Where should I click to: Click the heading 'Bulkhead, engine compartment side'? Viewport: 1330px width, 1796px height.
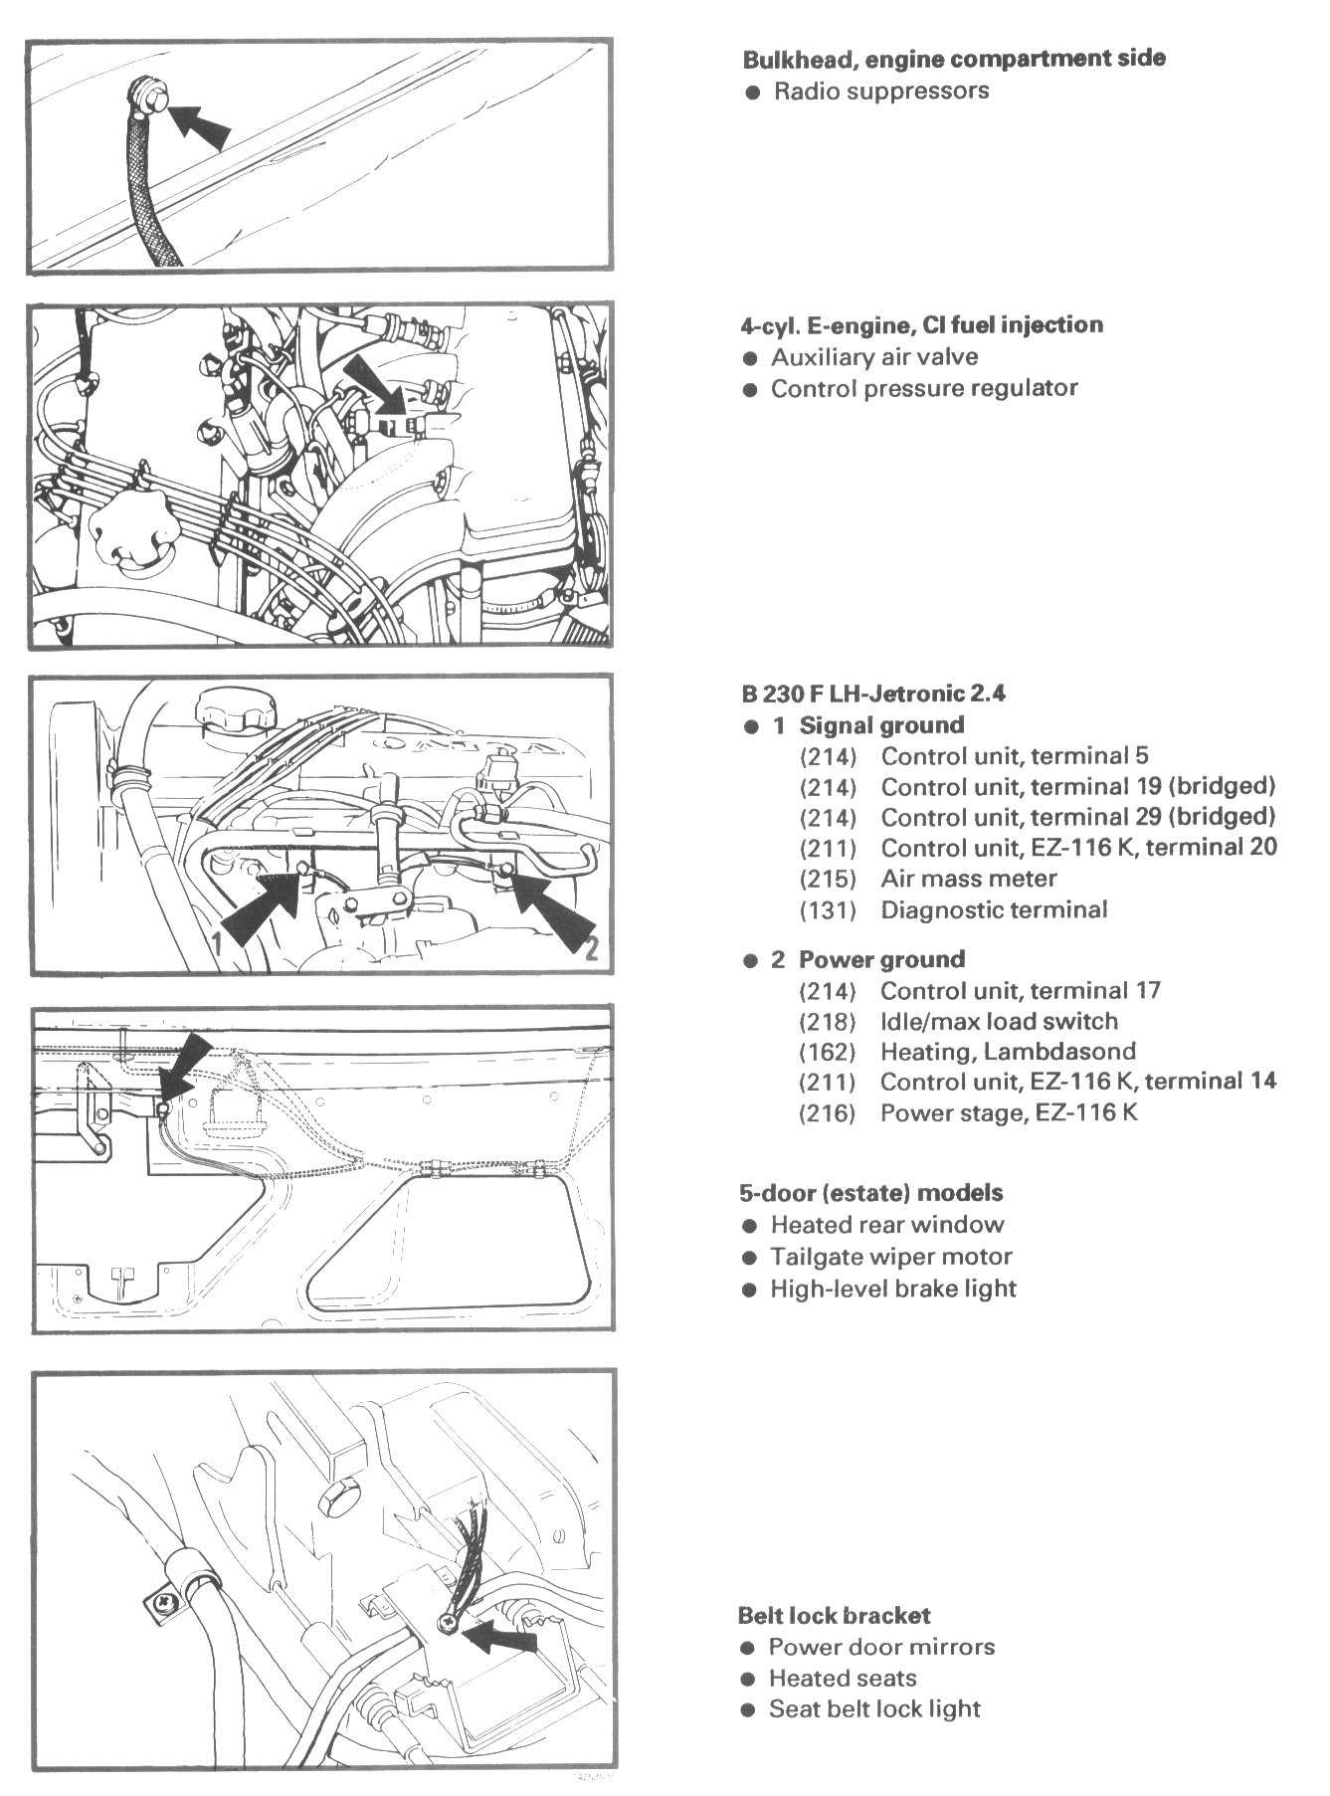953,59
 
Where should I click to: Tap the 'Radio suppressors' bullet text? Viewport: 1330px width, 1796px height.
880,92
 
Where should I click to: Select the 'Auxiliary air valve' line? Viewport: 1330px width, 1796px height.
873,357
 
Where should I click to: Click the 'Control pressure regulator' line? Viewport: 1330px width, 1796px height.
923,388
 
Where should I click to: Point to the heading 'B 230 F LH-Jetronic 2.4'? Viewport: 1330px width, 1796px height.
872,694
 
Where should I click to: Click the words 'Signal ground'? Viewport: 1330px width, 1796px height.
881,725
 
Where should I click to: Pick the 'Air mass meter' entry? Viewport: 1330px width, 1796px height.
968,879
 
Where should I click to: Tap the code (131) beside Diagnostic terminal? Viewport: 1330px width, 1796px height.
828,909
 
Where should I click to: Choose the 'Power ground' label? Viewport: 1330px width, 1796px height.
881,960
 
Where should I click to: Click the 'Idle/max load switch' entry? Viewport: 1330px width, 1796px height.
999,1021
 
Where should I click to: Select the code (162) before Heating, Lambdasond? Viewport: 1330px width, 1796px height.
828,1052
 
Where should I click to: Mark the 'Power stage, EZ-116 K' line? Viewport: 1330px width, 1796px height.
1008,1112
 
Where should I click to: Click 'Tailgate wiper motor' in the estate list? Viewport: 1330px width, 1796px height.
890,1257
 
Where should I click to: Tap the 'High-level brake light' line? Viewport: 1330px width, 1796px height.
892,1290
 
